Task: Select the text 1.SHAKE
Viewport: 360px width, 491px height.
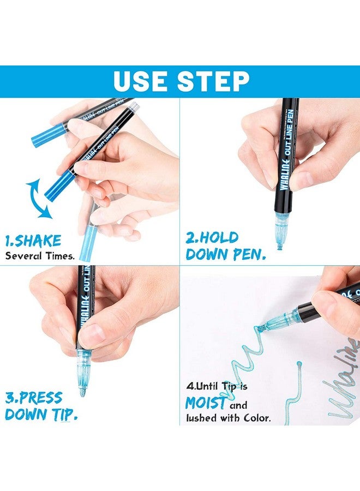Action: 33,241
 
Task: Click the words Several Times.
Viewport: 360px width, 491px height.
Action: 40,255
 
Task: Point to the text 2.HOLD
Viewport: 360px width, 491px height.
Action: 212,237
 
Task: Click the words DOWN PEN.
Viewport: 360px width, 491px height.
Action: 225,254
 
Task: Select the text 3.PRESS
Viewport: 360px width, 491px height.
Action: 33,397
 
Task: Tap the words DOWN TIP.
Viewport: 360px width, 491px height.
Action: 41,414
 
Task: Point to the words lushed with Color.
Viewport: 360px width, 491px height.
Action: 228,419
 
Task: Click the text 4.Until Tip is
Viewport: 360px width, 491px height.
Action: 217,386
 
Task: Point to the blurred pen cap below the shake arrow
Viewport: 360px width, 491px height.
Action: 88,240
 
